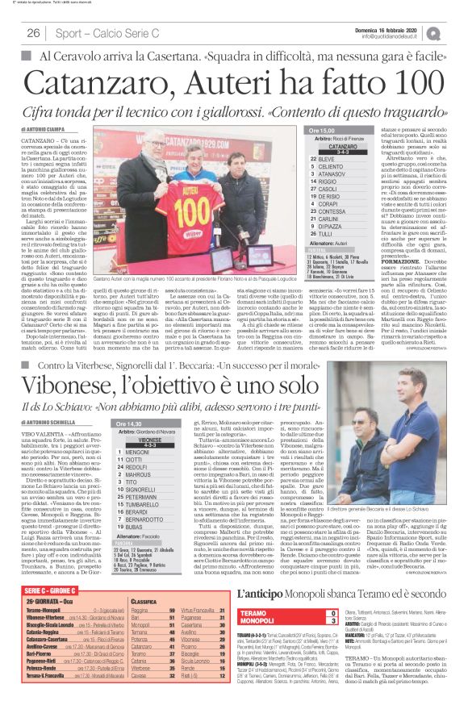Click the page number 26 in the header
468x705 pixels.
click(33, 33)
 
